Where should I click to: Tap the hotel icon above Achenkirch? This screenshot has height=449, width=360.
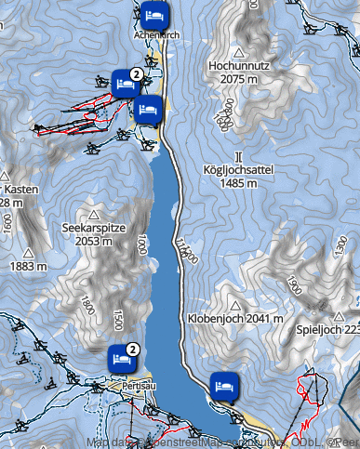[155, 15]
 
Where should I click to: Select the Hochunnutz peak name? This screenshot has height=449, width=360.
[240, 67]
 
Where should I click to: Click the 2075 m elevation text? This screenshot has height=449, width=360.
[239, 80]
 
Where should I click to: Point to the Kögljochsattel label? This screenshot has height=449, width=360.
[240, 170]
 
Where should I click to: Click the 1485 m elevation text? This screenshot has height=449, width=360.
[239, 183]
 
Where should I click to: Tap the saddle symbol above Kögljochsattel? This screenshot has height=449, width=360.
[239, 155]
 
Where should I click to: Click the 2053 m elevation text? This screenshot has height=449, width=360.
[93, 241]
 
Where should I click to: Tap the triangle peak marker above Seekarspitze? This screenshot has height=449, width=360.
[92, 213]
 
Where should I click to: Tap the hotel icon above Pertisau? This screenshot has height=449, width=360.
[120, 354]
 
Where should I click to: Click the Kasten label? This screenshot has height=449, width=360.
[20, 189]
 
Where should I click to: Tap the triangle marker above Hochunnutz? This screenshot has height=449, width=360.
[239, 52]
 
